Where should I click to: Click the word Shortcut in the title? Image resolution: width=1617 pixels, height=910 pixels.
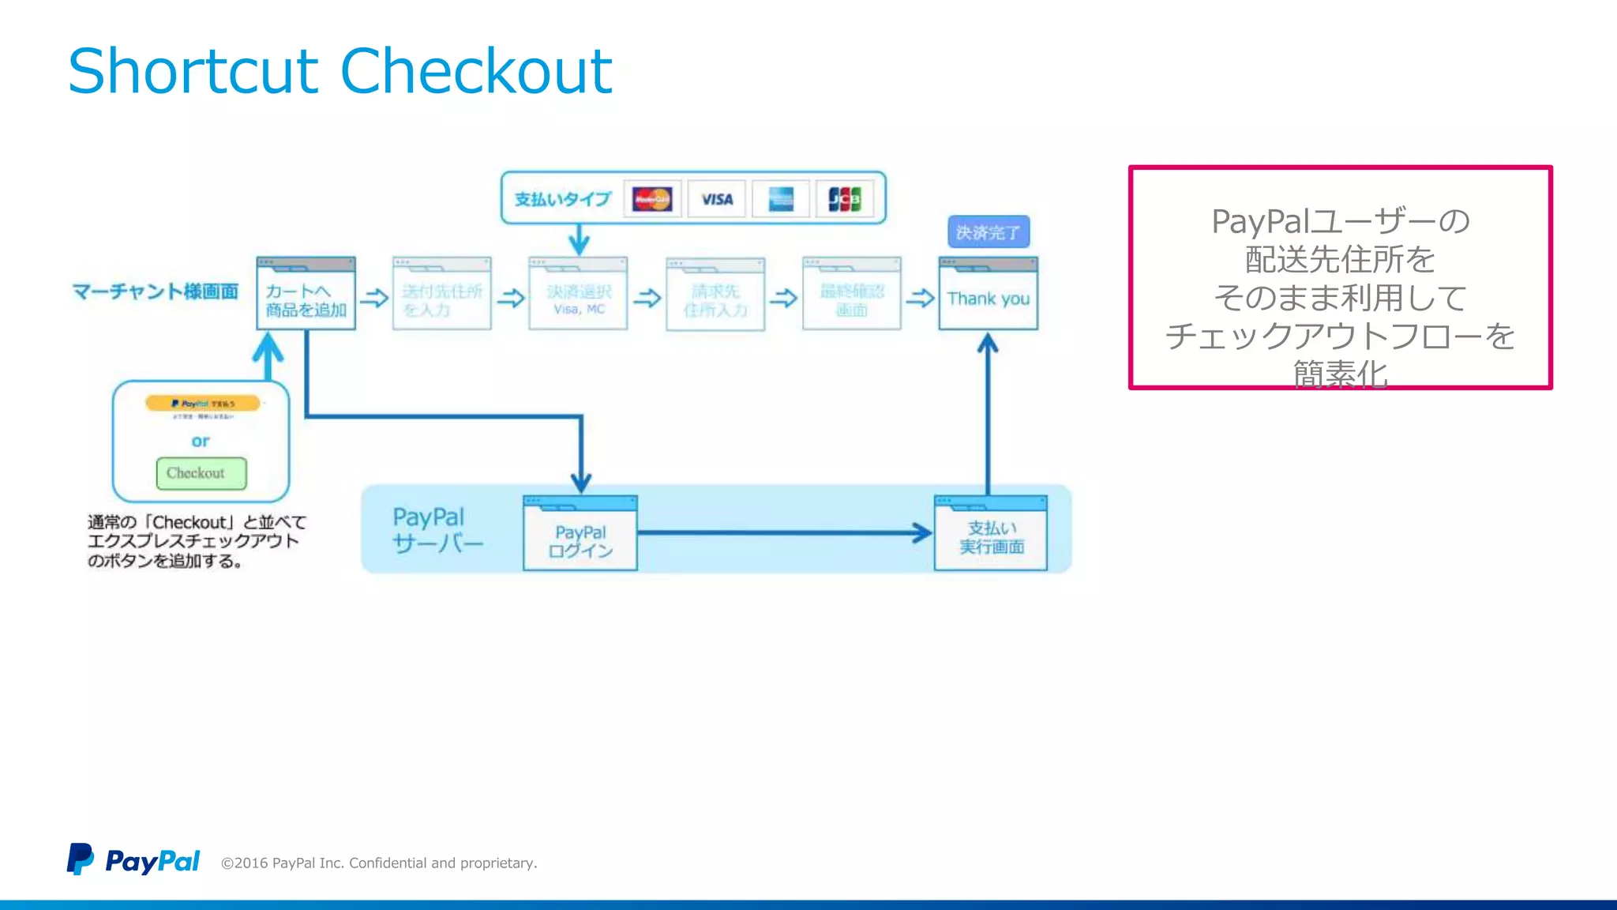coord(193,71)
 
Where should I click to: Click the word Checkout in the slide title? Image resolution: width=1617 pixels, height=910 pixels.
coord(476,71)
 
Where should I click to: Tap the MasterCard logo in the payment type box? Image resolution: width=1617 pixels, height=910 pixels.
coord(652,199)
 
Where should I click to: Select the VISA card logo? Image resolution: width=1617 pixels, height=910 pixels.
coord(717,199)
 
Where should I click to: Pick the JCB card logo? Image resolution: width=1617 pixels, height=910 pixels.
coord(844,199)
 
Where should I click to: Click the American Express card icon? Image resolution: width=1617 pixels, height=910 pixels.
coord(781,199)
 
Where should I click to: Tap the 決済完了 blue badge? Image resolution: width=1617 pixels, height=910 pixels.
coord(988,232)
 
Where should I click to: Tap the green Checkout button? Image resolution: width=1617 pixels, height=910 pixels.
coord(201,473)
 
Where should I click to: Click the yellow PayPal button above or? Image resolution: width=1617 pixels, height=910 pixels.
coord(203,404)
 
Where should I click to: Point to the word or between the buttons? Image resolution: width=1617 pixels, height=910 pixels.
coord(201,441)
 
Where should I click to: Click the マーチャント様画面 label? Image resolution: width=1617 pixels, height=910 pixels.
coord(156,291)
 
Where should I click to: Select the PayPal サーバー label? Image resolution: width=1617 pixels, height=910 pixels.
coord(437,530)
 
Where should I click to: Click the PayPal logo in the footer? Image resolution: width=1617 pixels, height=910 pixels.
coord(133,859)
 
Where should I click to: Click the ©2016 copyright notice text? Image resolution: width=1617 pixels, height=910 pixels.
coord(379,863)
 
